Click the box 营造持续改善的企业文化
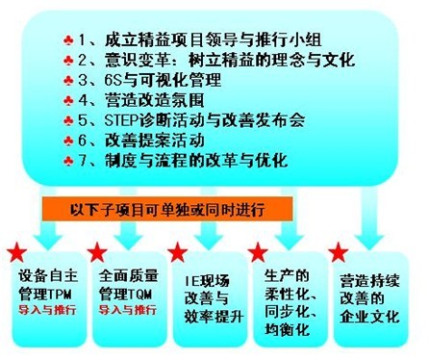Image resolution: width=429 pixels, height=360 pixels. tap(369, 297)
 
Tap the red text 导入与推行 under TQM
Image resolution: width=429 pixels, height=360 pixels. tap(128, 311)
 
